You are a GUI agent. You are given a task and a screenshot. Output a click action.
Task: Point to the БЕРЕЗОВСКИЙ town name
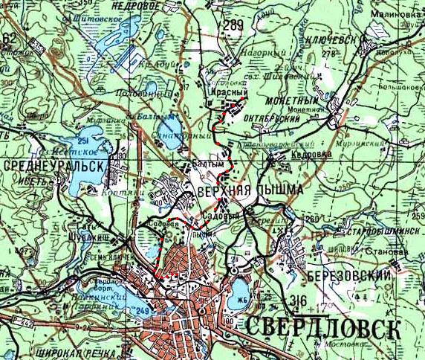tap(347, 274)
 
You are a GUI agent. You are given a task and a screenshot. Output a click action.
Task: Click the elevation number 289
tap(232, 27)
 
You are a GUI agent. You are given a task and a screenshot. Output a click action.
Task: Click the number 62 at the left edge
tap(9, 38)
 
